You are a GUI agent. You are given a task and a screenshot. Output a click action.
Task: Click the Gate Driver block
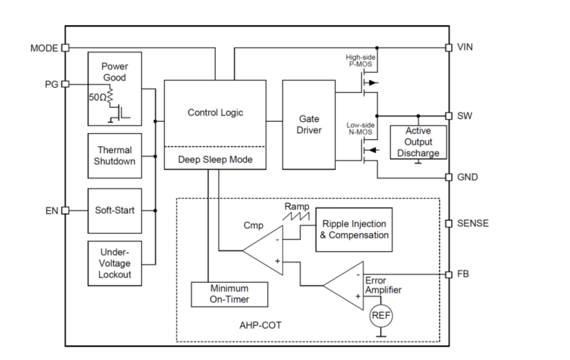click(309, 125)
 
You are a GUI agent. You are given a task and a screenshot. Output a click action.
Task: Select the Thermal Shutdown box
click(114, 156)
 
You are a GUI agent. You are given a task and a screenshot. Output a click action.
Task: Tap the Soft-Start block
click(114, 211)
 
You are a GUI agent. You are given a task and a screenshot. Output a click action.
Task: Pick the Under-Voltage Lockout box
click(114, 263)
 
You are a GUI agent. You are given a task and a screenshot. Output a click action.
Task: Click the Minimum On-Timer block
click(229, 294)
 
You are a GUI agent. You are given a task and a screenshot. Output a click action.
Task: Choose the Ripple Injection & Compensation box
click(354, 230)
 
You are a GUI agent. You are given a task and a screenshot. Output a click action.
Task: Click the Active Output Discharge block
click(418, 142)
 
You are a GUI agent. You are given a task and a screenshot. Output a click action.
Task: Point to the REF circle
click(381, 315)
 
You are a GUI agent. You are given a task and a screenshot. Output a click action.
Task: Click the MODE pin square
click(65, 48)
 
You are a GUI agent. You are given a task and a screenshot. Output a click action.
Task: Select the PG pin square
click(65, 84)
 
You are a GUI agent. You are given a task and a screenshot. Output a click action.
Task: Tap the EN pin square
click(65, 211)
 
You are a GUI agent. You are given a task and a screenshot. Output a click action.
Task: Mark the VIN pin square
click(449, 48)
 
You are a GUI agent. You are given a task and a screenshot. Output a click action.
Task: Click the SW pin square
click(449, 116)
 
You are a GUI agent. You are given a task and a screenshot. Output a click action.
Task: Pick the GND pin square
click(449, 177)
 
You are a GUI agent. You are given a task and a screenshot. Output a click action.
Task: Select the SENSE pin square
click(449, 224)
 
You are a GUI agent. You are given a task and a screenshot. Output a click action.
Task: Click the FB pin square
click(449, 274)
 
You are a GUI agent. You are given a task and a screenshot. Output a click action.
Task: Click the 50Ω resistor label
click(96, 97)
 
